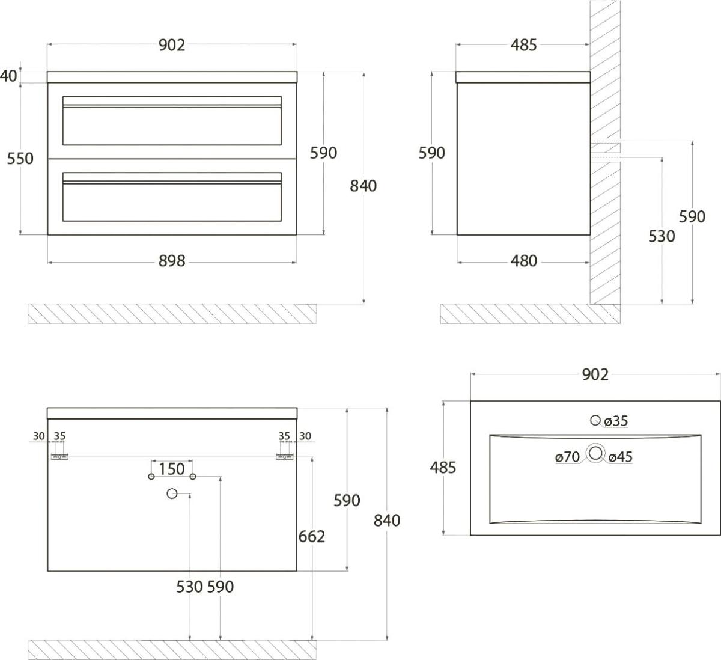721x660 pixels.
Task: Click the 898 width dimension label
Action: tap(172, 261)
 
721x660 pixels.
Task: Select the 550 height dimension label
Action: tap(20, 159)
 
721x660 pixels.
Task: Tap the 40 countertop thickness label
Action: tap(8, 76)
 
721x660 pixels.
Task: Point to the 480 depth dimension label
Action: tap(524, 261)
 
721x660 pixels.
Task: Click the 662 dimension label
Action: tap(312, 537)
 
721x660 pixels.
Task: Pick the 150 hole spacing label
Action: tap(172, 469)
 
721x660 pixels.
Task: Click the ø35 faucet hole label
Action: tap(616, 421)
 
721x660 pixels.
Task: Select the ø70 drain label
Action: tap(568, 457)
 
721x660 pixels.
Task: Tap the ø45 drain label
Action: tap(621, 457)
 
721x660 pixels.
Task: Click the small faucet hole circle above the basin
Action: tap(595, 420)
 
